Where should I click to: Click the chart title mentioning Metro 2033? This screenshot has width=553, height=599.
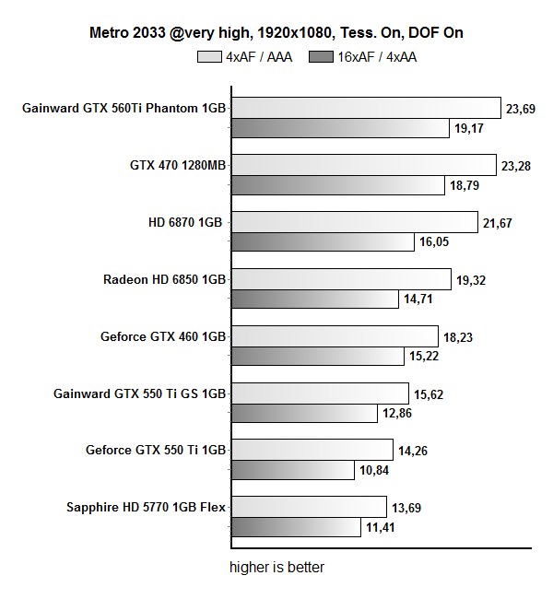pyautogui.click(x=276, y=33)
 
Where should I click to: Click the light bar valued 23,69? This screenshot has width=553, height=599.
pyautogui.click(x=365, y=109)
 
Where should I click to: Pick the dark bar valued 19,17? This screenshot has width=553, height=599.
pyautogui.click(x=341, y=129)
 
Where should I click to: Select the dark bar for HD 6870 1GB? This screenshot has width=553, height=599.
pyautogui.click(x=323, y=242)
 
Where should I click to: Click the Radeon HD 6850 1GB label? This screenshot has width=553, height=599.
pyautogui.click(x=165, y=279)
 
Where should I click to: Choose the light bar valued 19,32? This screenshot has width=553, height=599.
pyautogui.click(x=341, y=280)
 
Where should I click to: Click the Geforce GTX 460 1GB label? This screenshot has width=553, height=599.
pyautogui.click(x=163, y=336)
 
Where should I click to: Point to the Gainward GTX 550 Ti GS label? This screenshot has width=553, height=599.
pyautogui.click(x=140, y=393)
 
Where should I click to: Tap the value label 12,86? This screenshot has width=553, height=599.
pyautogui.click(x=399, y=414)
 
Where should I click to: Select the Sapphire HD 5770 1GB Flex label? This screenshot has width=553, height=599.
pyautogui.click(x=147, y=508)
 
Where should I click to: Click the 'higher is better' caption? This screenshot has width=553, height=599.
pyautogui.click(x=276, y=567)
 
